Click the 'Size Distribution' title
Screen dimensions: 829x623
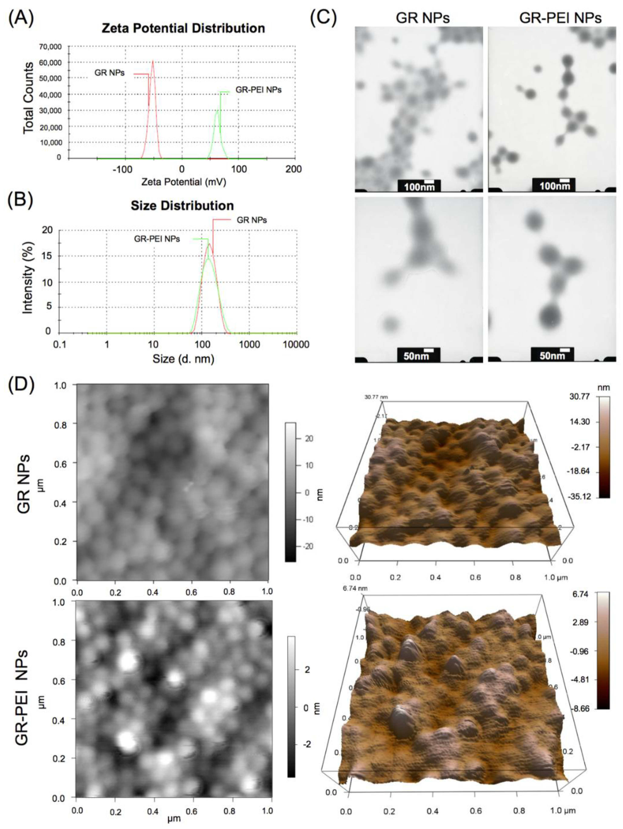pos(182,205)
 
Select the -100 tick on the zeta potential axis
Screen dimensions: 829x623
pos(123,170)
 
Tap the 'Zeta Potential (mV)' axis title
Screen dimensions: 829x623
pos(184,182)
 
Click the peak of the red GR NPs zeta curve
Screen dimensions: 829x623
pos(153,61)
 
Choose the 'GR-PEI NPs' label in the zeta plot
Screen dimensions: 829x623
pos(258,90)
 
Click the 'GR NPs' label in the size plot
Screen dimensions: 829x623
pos(252,220)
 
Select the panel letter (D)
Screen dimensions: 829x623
pos(21,385)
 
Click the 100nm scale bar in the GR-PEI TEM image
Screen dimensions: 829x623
pos(553,185)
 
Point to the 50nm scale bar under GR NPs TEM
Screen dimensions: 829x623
pos(419,355)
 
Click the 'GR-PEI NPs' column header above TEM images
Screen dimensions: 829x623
pos(560,18)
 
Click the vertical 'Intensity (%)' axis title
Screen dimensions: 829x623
pos(28,277)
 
